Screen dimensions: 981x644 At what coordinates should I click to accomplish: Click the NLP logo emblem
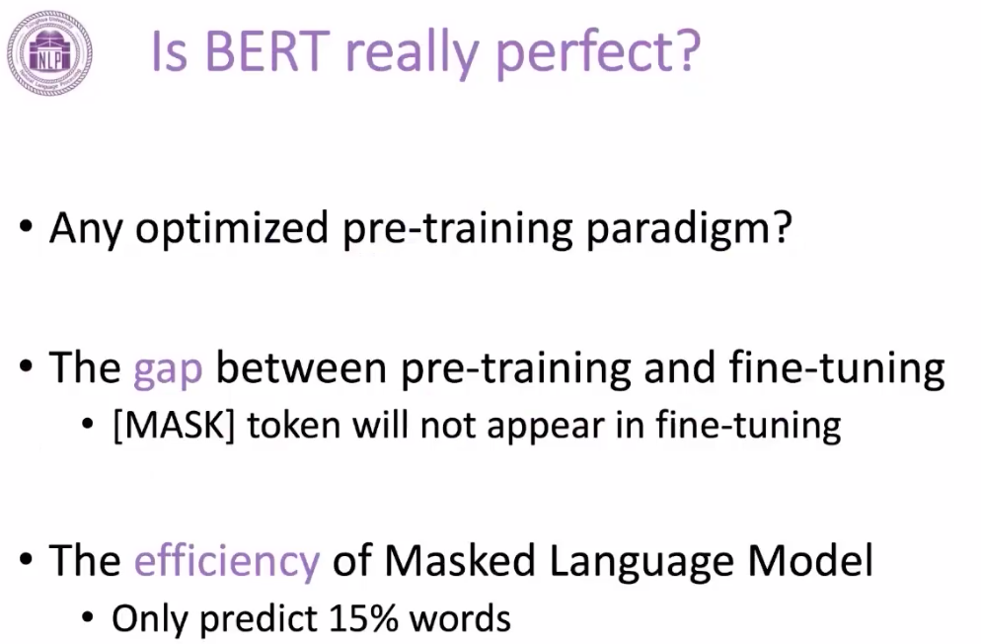pyautogui.click(x=50, y=52)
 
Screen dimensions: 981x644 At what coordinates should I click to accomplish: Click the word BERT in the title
pyautogui.click(x=267, y=51)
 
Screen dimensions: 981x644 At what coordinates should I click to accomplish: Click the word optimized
pyautogui.click(x=232, y=228)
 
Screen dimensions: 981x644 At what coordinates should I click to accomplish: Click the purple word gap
pyautogui.click(x=168, y=369)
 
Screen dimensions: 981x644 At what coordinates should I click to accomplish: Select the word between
pyautogui.click(x=301, y=367)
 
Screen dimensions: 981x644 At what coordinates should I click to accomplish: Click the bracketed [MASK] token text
pyautogui.click(x=174, y=426)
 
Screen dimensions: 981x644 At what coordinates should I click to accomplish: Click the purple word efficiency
pyautogui.click(x=227, y=560)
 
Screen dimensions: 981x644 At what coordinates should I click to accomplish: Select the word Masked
pyautogui.click(x=460, y=560)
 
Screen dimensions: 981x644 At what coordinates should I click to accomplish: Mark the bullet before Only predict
pyautogui.click(x=88, y=619)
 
